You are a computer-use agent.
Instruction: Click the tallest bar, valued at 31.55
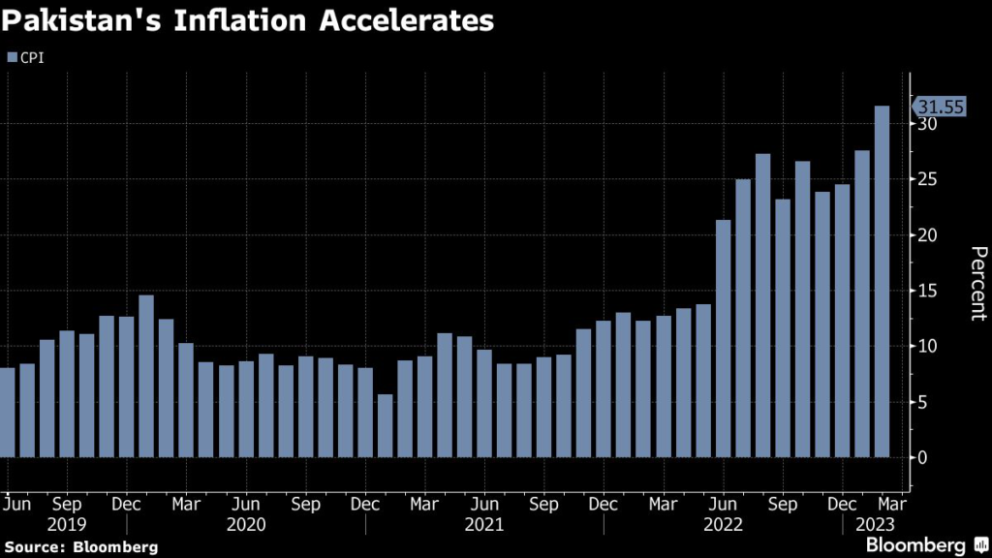coord(882,281)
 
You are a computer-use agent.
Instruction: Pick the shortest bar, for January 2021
coord(385,425)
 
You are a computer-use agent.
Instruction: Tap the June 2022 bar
coord(723,338)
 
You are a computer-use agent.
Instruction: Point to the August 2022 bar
coord(762,305)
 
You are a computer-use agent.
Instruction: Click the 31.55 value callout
coord(940,108)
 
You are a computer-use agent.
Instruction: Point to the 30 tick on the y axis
coord(927,125)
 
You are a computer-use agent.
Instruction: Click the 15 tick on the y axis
coord(927,291)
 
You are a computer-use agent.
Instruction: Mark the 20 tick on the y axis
coord(927,235)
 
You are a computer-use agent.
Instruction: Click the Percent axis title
coord(978,283)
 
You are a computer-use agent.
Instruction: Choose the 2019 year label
coord(66,524)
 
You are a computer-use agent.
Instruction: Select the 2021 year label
coord(483,524)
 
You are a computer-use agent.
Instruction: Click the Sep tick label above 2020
coord(305,505)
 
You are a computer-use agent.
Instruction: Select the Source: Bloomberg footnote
coord(79,547)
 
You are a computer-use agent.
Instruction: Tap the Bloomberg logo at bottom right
coord(921,545)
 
